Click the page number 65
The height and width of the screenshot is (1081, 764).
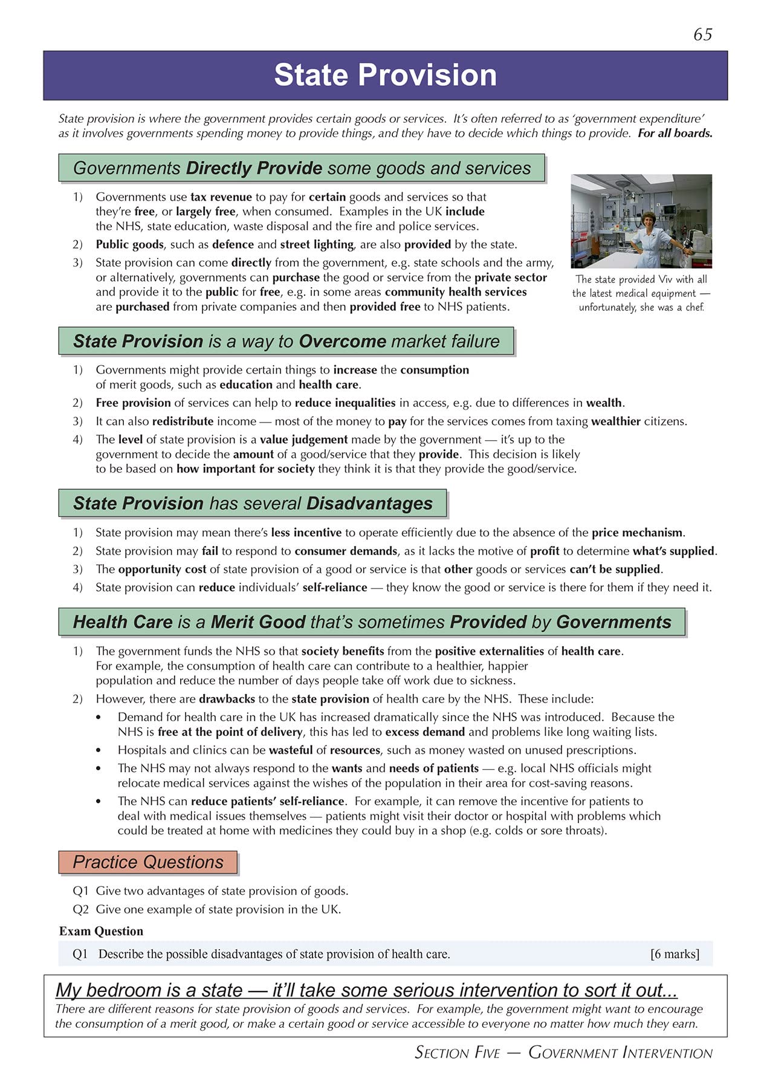point(702,34)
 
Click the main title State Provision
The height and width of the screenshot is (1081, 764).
point(385,75)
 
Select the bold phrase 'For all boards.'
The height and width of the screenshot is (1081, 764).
point(675,133)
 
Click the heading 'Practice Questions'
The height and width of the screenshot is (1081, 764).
point(148,862)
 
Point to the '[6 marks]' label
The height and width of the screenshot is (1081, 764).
point(675,954)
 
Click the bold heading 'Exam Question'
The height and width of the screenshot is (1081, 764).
point(101,931)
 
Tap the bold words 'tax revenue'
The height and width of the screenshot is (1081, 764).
point(221,197)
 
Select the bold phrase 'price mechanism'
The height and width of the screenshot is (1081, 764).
point(637,533)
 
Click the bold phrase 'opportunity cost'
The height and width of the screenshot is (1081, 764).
point(162,569)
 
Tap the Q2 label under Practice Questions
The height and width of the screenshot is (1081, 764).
point(80,909)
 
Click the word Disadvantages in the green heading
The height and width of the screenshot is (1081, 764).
point(369,504)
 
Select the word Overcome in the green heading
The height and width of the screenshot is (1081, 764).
point(342,342)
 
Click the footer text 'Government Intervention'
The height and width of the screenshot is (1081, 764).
point(620,1053)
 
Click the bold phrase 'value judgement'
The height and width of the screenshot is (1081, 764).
point(303,440)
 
